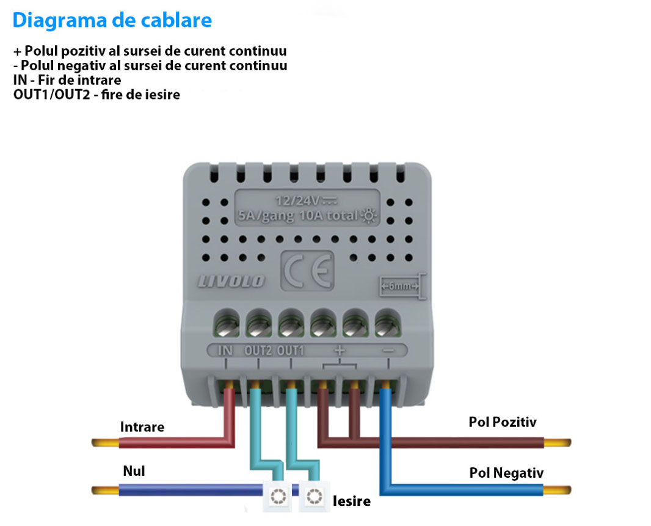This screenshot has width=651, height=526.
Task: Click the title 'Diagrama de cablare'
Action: point(112,20)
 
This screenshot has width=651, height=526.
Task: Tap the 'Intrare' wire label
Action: point(142,426)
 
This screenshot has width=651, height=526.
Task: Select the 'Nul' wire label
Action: point(134,471)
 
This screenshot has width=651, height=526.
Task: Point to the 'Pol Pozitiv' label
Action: point(503,422)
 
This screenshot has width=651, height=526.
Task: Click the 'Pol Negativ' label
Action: point(506,473)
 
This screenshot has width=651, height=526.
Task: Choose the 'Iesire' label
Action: point(352,501)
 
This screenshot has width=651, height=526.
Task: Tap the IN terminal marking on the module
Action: point(225,351)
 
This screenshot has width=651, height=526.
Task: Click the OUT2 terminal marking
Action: point(258,351)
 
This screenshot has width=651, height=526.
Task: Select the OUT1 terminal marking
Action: point(290,351)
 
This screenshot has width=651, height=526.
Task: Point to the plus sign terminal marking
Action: point(340,350)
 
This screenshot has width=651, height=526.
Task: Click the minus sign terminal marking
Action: point(388,351)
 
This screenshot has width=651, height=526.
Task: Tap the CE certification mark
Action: point(307,271)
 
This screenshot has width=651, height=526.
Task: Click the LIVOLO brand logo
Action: point(231,281)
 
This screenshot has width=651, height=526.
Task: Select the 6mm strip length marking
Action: point(399,287)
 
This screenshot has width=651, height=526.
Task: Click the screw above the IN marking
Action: point(227,324)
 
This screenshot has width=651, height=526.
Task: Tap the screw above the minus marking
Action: point(387,324)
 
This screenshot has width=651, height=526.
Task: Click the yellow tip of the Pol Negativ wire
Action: point(557,491)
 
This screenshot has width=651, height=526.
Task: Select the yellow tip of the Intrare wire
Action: point(106,443)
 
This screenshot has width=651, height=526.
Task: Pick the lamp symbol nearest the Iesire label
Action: point(315,497)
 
